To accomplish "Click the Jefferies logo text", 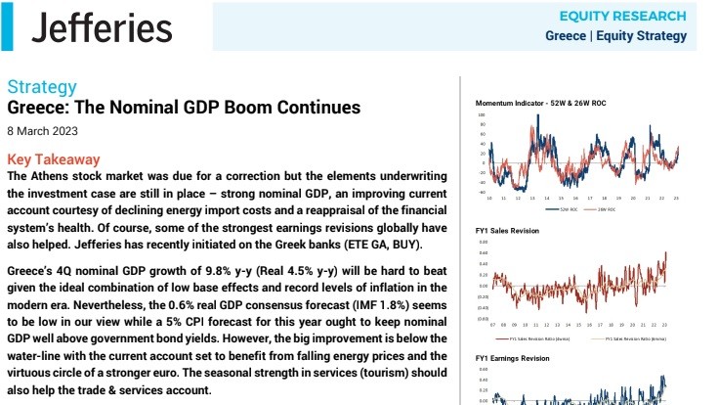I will point(102,28).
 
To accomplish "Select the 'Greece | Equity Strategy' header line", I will point(615,36).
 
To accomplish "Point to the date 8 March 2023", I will point(42,130).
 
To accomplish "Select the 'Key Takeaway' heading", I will point(53,158).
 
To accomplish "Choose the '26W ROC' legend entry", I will point(607,208).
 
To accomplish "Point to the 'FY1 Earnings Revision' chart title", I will point(513,358).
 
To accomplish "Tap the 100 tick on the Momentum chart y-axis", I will point(482,114).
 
